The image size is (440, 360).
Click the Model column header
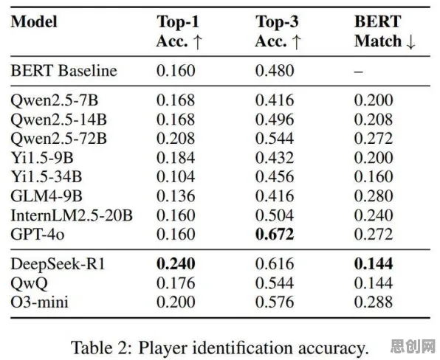tap(34, 21)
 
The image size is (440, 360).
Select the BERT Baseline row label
tap(63, 70)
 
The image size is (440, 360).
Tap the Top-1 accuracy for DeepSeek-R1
tap(176, 264)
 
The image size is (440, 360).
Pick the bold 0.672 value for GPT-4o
tap(275, 234)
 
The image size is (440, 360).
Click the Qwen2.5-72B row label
tap(58, 139)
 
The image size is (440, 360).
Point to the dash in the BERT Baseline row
tap(358, 72)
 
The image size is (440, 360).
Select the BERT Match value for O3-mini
tap(374, 302)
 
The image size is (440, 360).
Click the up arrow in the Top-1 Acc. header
tap(198, 42)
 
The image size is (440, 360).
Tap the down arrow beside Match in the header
tap(410, 42)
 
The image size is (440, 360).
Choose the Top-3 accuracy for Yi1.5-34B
tap(275, 176)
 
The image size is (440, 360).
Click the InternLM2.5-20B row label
tap(72, 215)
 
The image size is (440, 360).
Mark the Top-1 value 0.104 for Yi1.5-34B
tap(176, 176)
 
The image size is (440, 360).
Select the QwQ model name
tap(30, 283)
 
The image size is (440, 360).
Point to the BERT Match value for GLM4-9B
tap(374, 196)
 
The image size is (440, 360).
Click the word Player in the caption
tap(162, 347)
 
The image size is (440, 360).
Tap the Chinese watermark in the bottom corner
tap(413, 347)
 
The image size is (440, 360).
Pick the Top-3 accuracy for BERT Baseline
tap(275, 70)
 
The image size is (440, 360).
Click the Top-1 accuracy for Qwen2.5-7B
tap(176, 100)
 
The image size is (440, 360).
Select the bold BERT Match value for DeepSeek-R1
tap(374, 264)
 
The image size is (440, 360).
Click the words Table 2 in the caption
tap(101, 347)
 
